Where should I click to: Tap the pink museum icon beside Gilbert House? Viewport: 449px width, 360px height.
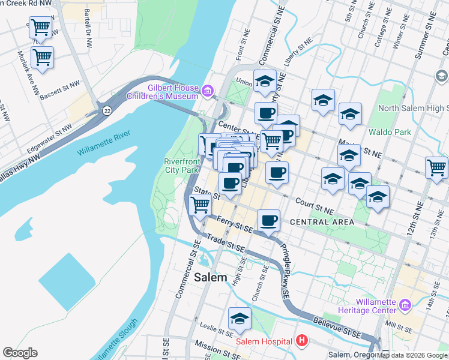(x=208, y=91)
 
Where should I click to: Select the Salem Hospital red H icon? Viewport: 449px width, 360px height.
(x=303, y=341)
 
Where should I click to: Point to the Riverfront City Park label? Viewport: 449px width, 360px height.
(x=181, y=166)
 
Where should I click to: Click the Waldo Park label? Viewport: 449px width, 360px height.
(x=390, y=131)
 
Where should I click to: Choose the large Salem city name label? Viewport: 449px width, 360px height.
(x=211, y=277)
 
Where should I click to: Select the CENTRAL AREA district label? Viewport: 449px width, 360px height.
(x=321, y=222)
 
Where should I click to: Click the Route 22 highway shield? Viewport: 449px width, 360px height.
(x=107, y=110)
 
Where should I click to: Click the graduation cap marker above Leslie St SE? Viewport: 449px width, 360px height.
(x=240, y=318)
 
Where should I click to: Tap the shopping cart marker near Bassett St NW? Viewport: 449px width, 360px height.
(x=42, y=58)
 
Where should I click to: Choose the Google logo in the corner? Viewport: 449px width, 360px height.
(x=20, y=353)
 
